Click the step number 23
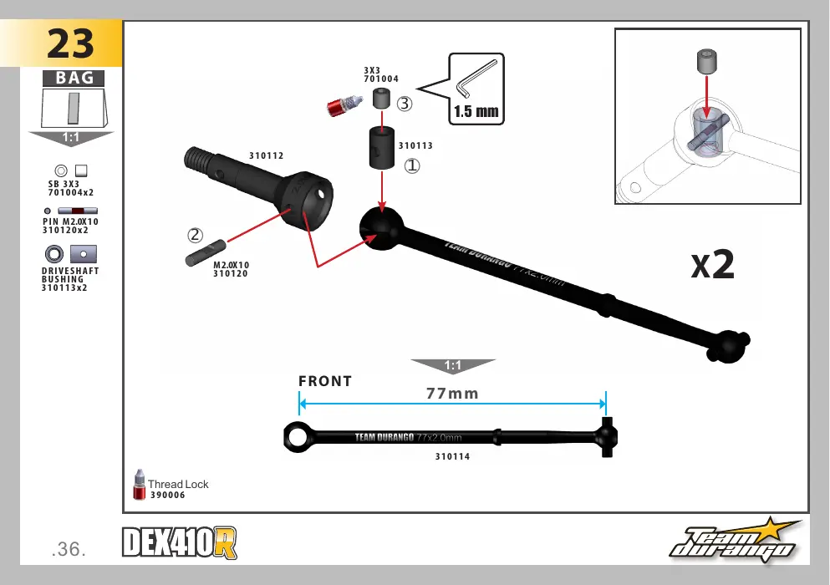(70, 43)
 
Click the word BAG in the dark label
(74, 78)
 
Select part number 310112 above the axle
(267, 155)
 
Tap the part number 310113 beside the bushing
(415, 145)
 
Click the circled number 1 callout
(412, 166)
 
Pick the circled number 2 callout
(195, 235)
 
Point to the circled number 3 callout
(405, 104)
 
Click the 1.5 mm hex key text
(476, 112)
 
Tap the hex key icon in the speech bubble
(476, 79)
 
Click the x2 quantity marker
(712, 264)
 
